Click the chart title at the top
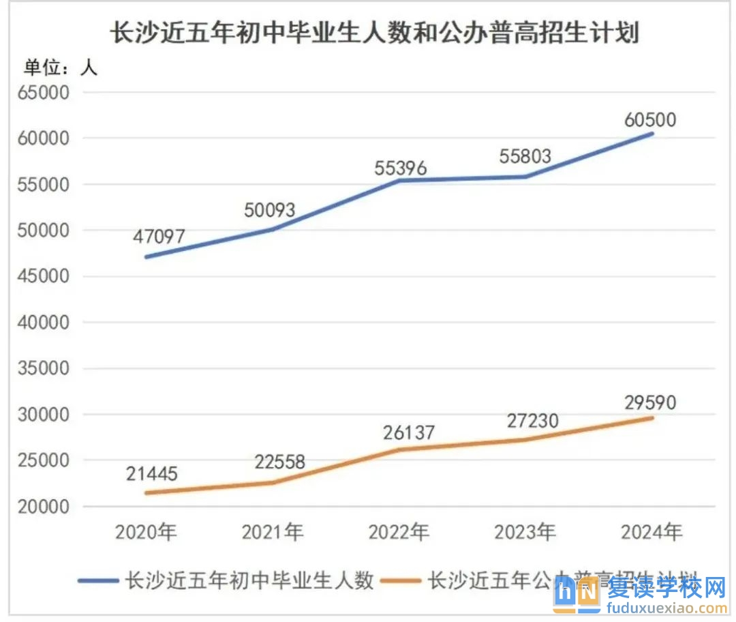point(374,32)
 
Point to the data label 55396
point(400,168)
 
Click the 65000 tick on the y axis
point(47,92)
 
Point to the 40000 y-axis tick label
point(47,323)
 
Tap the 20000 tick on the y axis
point(47,507)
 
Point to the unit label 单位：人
point(61,67)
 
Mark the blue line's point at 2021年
point(273,229)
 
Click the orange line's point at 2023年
point(526,439)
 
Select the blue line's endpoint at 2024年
point(652,134)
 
